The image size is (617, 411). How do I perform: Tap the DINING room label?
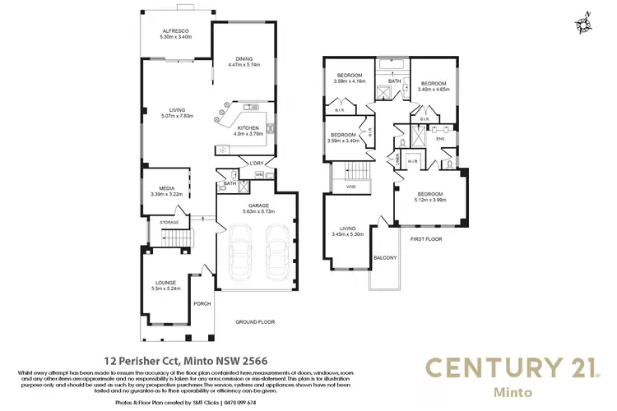(244, 59)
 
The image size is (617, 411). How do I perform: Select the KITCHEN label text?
(248, 128)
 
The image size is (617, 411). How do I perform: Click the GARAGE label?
(257, 205)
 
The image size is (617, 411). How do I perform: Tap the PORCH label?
(202, 303)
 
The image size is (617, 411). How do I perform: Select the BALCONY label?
(385, 258)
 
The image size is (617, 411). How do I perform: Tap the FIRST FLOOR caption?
(426, 238)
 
